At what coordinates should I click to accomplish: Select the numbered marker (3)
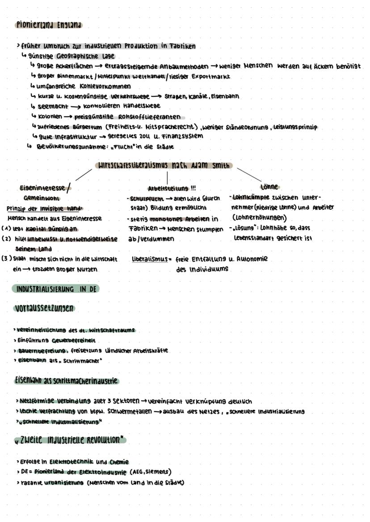(6, 258)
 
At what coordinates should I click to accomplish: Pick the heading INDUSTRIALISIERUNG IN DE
(56, 289)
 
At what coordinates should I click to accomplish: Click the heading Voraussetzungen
(44, 309)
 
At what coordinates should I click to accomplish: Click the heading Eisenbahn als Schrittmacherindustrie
(66, 381)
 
